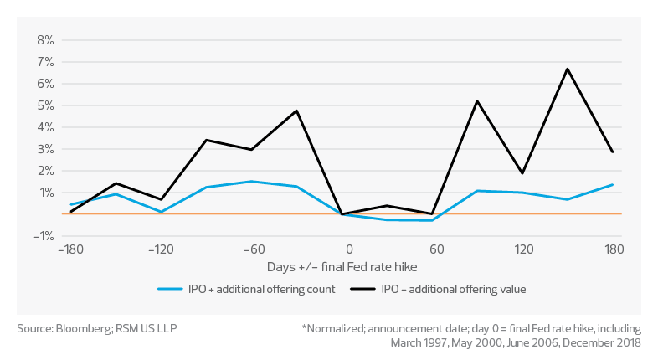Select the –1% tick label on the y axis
click(44, 236)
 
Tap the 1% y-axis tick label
click(46, 193)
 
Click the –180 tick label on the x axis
click(70, 249)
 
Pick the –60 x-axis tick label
click(254, 249)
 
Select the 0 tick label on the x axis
click(349, 249)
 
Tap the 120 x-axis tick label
click(523, 249)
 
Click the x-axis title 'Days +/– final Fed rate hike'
click(342, 266)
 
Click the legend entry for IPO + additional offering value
click(453, 289)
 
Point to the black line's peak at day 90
click(476, 101)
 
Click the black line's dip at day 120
click(522, 173)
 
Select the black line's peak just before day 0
click(297, 110)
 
